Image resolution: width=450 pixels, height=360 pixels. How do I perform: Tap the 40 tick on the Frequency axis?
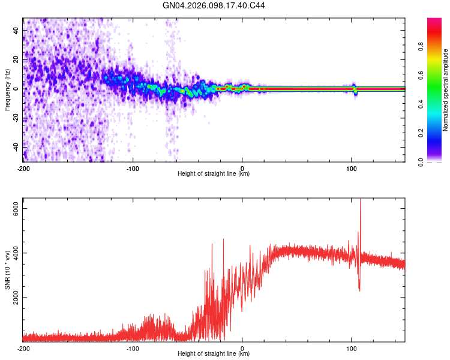click(16, 30)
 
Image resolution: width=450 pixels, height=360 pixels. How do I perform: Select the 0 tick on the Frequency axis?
click(16, 88)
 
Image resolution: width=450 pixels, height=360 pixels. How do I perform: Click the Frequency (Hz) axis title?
click(7, 90)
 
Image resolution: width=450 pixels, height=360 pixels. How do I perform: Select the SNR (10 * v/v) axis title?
click(7, 270)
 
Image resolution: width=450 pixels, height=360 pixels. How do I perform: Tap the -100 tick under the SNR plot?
click(133, 349)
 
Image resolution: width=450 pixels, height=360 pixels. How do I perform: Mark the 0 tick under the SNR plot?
click(242, 349)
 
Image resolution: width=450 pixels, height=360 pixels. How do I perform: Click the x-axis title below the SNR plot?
click(214, 354)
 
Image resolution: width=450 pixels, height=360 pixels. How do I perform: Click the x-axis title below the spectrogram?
click(214, 174)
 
